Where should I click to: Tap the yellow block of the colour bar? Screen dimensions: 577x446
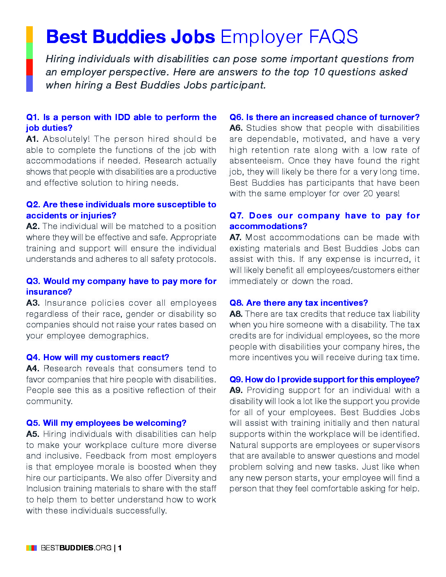tap(30, 34)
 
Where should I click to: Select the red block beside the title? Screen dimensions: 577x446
tap(30, 67)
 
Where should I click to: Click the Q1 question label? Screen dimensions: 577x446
tap(32, 118)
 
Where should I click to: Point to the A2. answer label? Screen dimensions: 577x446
tap(33, 227)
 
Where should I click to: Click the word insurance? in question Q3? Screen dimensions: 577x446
tap(49, 292)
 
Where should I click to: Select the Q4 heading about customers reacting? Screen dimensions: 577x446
tap(98, 358)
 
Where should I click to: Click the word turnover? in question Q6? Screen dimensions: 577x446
tap(399, 118)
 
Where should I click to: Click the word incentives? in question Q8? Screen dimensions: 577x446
tap(344, 303)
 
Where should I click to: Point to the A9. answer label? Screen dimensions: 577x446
tap(236, 391)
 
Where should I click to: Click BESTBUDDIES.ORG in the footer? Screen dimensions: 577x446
tap(76, 548)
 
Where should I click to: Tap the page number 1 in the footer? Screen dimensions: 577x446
tap(120, 548)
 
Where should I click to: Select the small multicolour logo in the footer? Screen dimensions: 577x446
tap(32, 548)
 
